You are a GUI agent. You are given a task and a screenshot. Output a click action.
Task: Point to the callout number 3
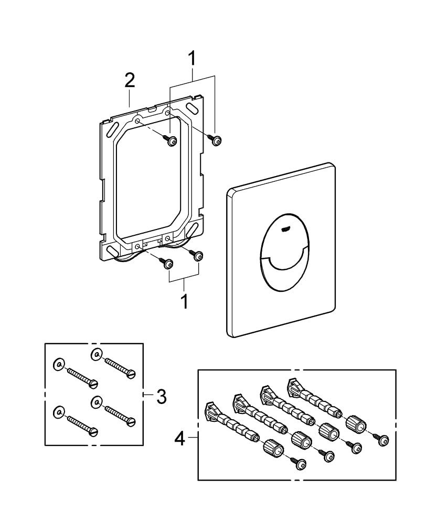(x=161, y=397)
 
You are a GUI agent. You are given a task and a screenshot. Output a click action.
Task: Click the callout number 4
(x=179, y=438)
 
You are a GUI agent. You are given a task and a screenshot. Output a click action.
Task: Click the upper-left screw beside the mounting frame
(x=171, y=141)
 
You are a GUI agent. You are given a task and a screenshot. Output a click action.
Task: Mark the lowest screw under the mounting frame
(x=168, y=265)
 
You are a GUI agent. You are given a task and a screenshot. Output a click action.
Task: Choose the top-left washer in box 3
(x=59, y=364)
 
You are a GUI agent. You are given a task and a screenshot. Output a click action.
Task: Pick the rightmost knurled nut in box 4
(x=357, y=422)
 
